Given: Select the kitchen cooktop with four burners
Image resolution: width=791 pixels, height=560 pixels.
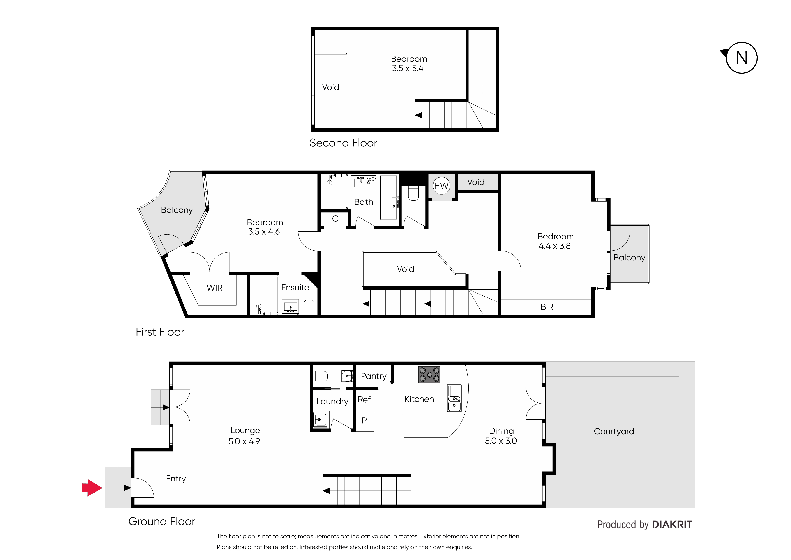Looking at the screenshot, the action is (429, 374).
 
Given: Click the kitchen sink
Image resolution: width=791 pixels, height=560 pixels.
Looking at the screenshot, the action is (454, 398).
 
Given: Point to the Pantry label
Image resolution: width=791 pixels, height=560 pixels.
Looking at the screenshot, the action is (374, 376).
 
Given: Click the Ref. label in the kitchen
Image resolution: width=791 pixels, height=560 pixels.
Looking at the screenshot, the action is (364, 400).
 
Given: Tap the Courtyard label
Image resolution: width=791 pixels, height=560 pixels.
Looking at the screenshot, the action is (614, 431).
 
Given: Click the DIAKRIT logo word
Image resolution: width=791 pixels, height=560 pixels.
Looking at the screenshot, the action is (672, 525).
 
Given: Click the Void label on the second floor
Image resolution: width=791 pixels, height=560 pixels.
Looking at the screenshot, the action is (330, 87).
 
